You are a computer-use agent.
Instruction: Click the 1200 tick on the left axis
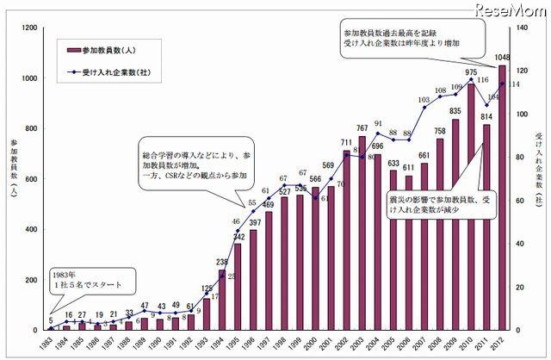tap(28, 28)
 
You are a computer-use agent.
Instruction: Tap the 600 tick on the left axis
tap(30, 178)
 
